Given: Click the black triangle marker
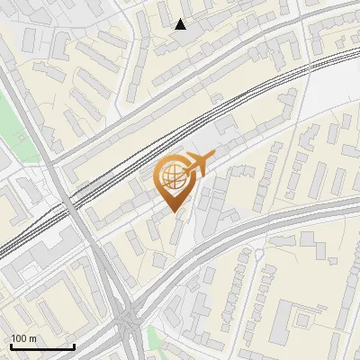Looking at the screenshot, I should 181,24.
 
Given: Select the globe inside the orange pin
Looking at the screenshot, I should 172,177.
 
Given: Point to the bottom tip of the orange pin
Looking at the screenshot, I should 172,211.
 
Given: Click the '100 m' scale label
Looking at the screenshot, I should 24,337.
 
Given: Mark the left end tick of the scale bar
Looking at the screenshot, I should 11,346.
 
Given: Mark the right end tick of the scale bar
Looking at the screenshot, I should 74,346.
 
